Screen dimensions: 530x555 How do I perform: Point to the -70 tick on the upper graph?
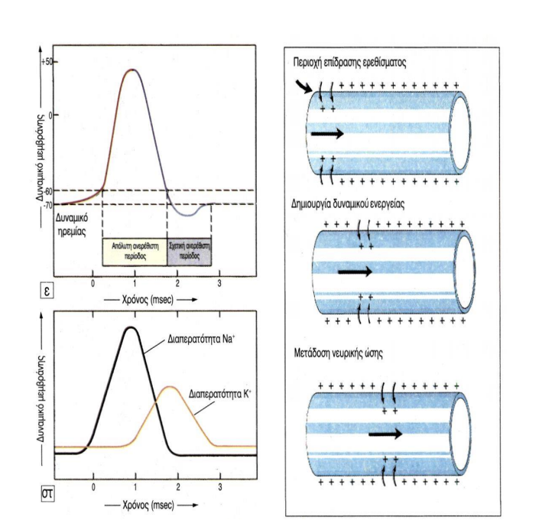[x=48, y=205]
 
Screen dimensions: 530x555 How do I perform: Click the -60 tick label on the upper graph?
[x=48, y=190]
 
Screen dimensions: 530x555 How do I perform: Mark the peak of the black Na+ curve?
[x=133, y=328]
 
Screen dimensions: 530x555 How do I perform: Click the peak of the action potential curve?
[x=132, y=70]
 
